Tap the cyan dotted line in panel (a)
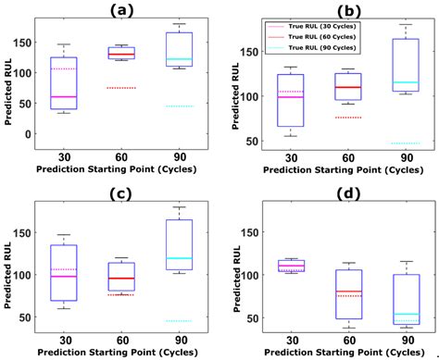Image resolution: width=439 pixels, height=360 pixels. click(179, 106)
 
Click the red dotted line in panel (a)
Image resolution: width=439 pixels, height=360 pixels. click(121, 88)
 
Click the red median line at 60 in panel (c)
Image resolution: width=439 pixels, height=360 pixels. click(121, 279)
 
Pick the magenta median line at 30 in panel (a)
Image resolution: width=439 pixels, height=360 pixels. click(64, 97)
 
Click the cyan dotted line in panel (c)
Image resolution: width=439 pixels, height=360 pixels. click(179, 321)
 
